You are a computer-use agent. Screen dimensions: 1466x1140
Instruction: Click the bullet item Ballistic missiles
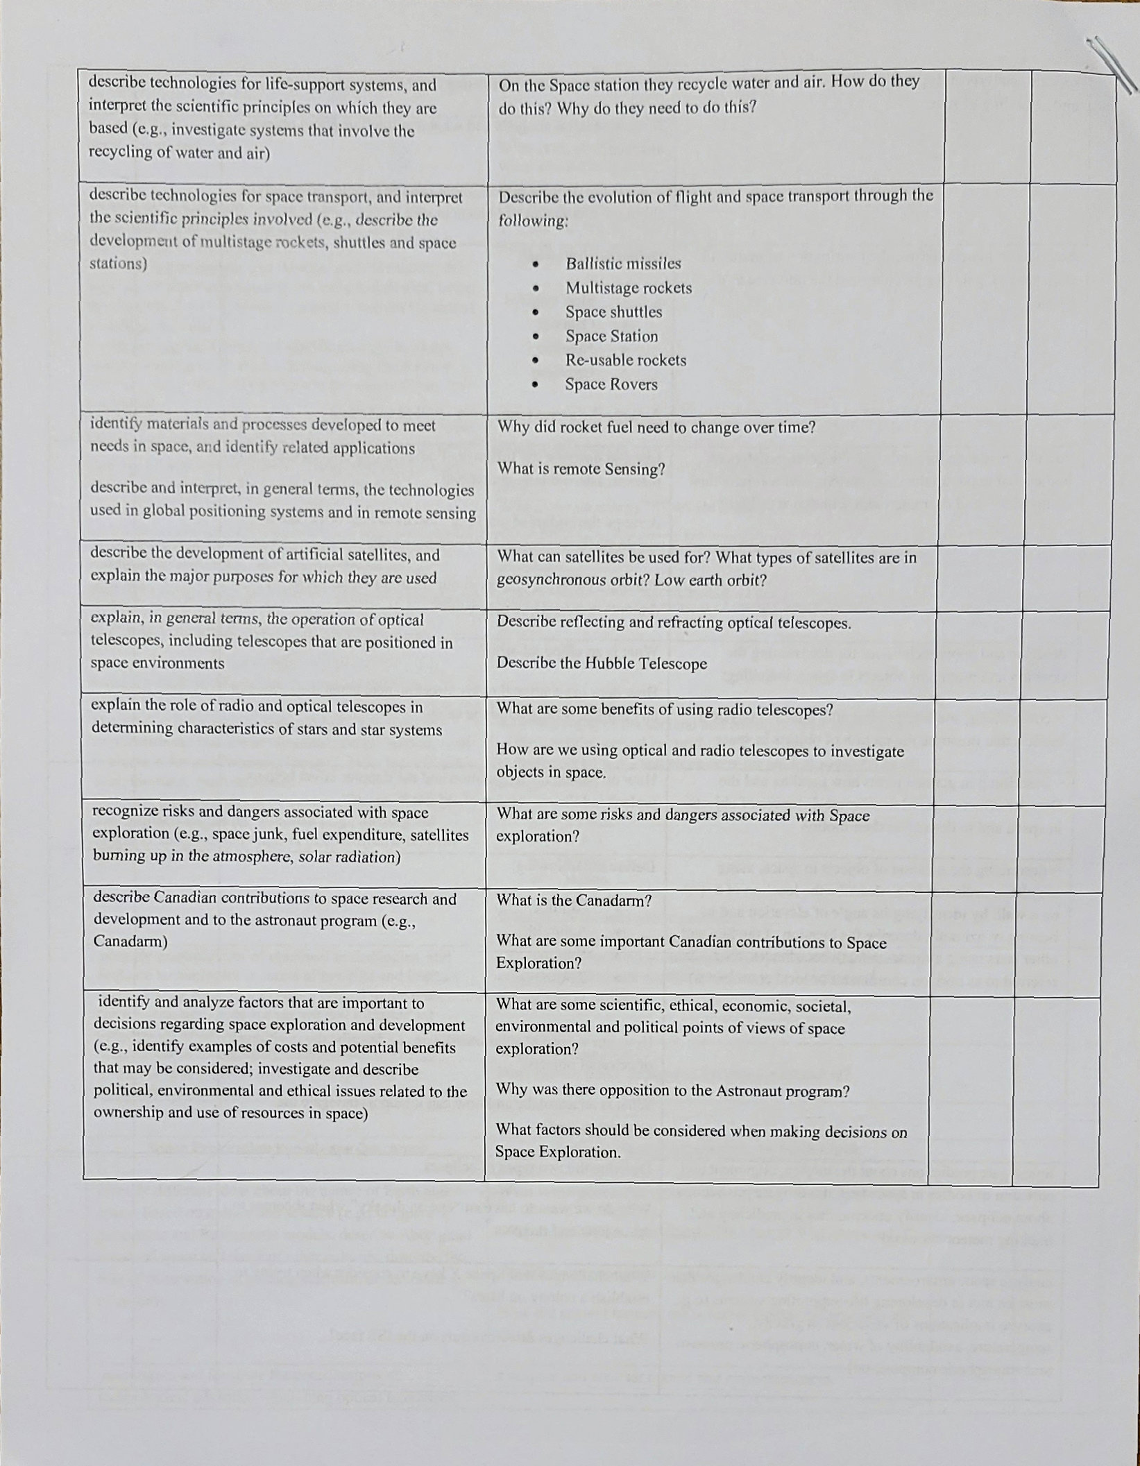[622, 264]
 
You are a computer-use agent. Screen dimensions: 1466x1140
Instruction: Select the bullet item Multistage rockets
[628, 288]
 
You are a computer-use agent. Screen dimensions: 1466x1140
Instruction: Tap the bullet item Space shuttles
[613, 312]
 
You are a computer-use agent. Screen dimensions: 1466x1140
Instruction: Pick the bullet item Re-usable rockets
[625, 360]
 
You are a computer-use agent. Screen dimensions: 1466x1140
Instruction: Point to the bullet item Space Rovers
[611, 384]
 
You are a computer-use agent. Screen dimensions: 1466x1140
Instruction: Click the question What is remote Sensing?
[581, 469]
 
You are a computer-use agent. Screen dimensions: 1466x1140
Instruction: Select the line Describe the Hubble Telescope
[601, 663]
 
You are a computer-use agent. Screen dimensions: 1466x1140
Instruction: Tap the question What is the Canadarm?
[574, 901]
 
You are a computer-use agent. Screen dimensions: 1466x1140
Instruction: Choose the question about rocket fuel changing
[656, 427]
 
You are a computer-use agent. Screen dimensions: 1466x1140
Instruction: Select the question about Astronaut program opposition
[672, 1091]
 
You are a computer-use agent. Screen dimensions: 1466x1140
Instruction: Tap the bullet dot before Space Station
[536, 337]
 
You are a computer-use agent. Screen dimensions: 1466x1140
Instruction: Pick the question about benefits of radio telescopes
[664, 710]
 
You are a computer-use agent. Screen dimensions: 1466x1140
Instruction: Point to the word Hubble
[611, 663]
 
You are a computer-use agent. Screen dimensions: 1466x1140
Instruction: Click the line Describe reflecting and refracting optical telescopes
[673, 623]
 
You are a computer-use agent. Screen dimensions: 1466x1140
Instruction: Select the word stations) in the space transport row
[118, 264]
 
